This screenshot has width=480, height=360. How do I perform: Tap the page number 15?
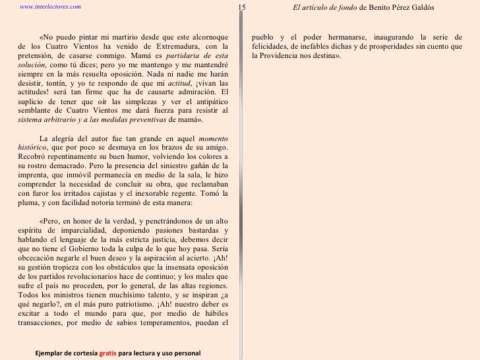pos(241,7)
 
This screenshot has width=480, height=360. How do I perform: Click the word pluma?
pos(30,204)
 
